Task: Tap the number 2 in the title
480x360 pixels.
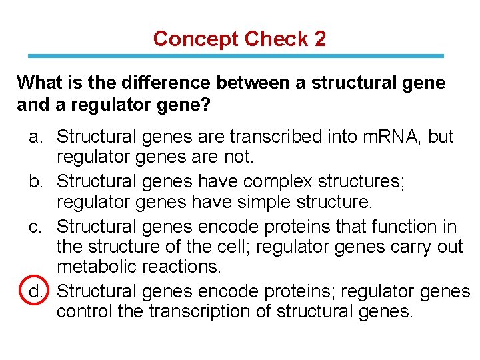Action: coord(320,39)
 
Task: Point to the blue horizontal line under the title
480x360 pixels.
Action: coord(240,56)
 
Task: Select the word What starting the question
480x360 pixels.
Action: coord(38,83)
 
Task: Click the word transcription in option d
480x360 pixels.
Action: coord(193,311)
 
